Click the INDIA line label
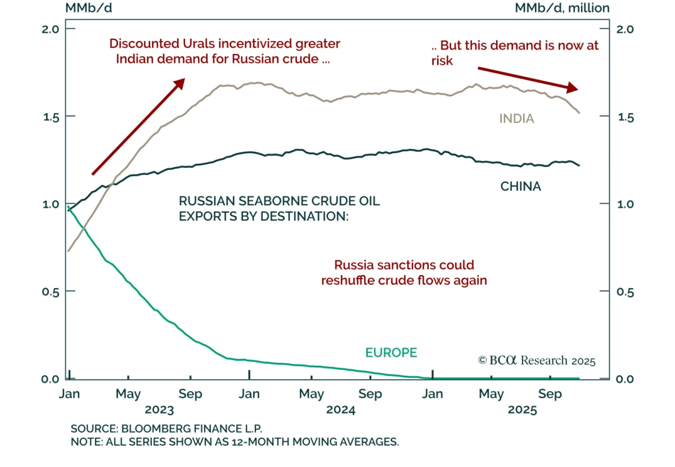pos(516,119)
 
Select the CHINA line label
pos(520,186)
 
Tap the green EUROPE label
pos(391,352)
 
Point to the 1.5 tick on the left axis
pos(51,117)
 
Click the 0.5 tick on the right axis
pos(625,292)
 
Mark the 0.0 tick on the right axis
pos(625,379)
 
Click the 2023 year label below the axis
pos(159,410)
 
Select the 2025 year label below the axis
pos(522,410)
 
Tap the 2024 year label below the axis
pos(341,410)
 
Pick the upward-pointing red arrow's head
pos(181,83)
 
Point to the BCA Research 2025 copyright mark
pos(537,360)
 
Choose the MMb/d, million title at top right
pos(562,8)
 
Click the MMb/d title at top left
pos(89,8)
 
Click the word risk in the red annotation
pos(442,61)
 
